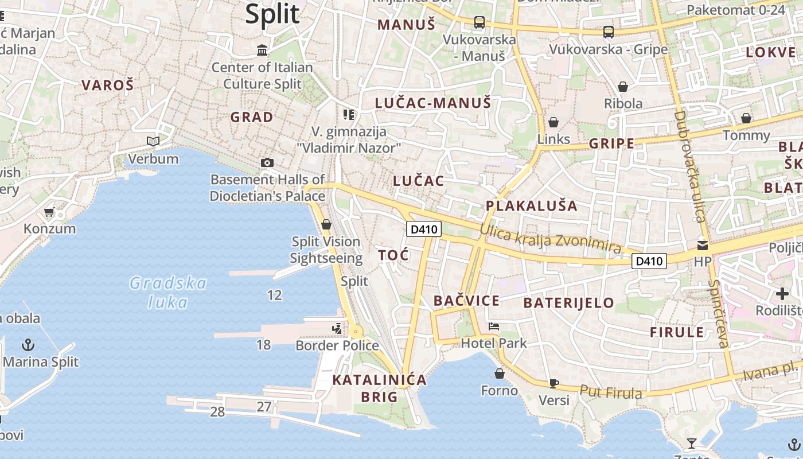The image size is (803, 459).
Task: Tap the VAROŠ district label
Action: click(x=107, y=85)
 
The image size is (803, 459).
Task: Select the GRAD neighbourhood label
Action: click(x=252, y=117)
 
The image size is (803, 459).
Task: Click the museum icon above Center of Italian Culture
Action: click(x=263, y=50)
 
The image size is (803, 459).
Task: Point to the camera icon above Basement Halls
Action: click(x=267, y=163)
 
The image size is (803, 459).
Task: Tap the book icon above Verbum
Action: click(x=153, y=141)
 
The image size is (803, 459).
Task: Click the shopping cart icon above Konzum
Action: click(x=49, y=212)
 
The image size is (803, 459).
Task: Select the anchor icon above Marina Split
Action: click(x=28, y=345)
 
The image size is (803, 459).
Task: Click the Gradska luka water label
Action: click(x=168, y=292)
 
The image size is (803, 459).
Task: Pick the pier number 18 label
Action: click(x=263, y=345)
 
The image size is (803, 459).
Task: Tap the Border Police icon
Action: click(x=337, y=329)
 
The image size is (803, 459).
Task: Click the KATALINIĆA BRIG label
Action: click(x=379, y=388)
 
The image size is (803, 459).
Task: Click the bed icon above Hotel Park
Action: click(x=494, y=327)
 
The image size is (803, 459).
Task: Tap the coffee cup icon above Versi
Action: click(x=554, y=383)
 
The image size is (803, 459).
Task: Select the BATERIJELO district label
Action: click(x=569, y=302)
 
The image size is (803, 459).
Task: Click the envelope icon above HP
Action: click(x=703, y=246)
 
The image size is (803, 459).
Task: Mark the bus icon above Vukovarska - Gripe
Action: click(x=609, y=32)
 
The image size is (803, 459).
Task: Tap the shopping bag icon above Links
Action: click(x=553, y=122)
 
